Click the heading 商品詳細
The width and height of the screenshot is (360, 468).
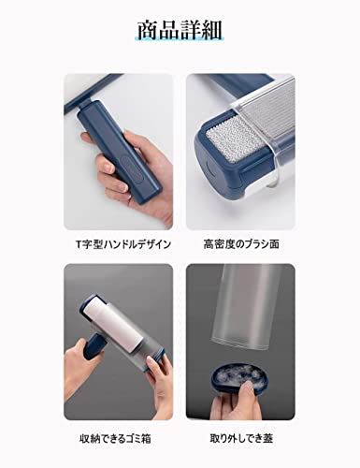(180, 30)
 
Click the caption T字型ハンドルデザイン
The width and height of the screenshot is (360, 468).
(123, 244)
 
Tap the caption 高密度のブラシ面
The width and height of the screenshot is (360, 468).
(241, 244)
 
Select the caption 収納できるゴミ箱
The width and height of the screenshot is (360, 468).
(115, 439)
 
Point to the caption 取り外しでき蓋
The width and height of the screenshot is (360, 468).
(241, 439)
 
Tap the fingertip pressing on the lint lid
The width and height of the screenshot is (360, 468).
(249, 387)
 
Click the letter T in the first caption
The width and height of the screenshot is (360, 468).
(79, 244)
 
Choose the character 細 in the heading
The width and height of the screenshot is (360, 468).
(212, 30)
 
